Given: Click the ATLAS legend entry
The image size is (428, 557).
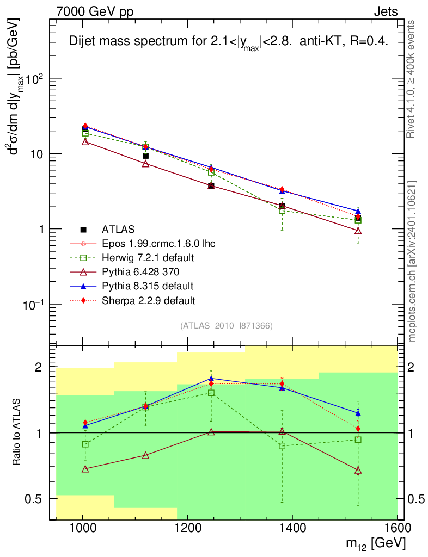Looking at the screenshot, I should [x=118, y=229].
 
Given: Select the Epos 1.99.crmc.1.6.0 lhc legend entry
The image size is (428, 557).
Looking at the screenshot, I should [x=158, y=243].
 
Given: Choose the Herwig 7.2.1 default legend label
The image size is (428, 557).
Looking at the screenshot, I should [x=148, y=257].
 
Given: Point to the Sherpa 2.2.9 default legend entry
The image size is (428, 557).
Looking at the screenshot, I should [x=149, y=300].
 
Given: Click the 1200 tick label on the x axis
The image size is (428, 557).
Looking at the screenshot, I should [x=187, y=528].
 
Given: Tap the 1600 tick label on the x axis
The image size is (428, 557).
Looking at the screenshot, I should [x=397, y=528].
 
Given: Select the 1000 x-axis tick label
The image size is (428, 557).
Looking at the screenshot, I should [x=83, y=528].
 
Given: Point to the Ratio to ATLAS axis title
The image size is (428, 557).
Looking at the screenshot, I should [x=16, y=432].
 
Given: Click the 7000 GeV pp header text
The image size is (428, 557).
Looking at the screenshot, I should [x=95, y=11].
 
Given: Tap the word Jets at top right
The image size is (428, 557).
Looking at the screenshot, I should [x=385, y=11].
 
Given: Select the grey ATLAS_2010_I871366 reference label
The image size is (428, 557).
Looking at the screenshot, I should [x=226, y=326].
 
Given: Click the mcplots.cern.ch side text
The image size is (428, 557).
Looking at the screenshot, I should [x=412, y=261].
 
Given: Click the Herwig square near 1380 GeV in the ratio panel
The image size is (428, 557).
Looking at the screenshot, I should [x=282, y=446].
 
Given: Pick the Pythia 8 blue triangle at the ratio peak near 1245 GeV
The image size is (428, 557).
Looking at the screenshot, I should [x=211, y=378].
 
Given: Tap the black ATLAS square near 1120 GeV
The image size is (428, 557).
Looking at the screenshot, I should [x=145, y=156].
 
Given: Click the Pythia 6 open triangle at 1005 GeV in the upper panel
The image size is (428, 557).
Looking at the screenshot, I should [x=85, y=142].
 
